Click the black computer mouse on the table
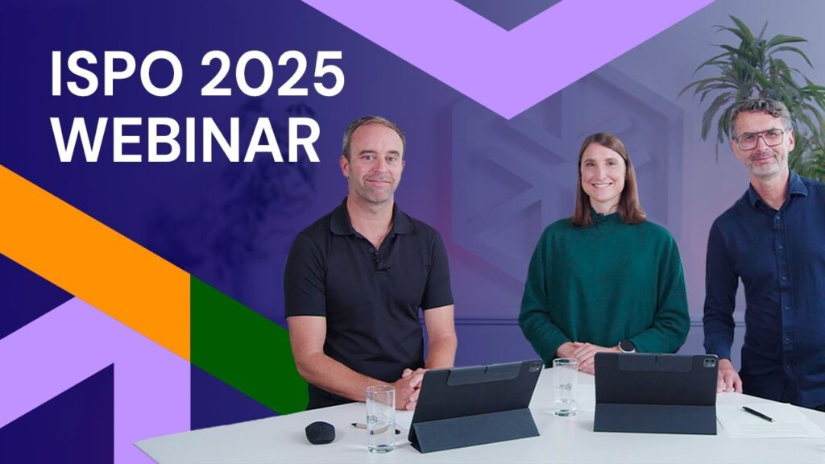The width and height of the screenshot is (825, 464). click(x=320, y=433)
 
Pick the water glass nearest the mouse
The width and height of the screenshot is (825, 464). click(x=380, y=418)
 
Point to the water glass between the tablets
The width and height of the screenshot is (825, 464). click(x=565, y=387)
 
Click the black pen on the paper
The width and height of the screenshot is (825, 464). click(x=758, y=413)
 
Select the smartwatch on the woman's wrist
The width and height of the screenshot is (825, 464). click(x=627, y=346)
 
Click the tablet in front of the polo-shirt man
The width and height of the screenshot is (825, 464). click(x=475, y=405)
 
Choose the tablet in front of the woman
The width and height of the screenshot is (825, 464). click(x=656, y=392)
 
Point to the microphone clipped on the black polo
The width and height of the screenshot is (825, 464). click(x=377, y=259)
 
